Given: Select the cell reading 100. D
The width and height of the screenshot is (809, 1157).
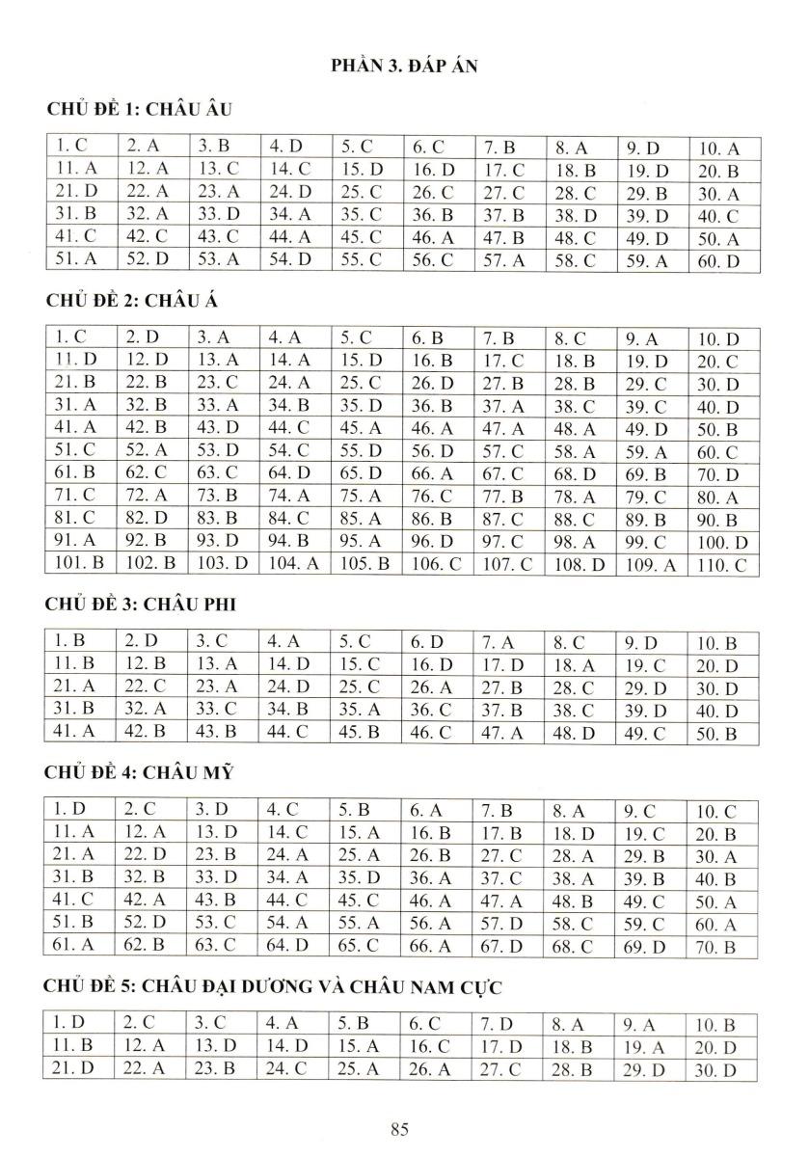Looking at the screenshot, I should (x=723, y=544).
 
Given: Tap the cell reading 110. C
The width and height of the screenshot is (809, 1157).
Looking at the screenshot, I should (x=723, y=566).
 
